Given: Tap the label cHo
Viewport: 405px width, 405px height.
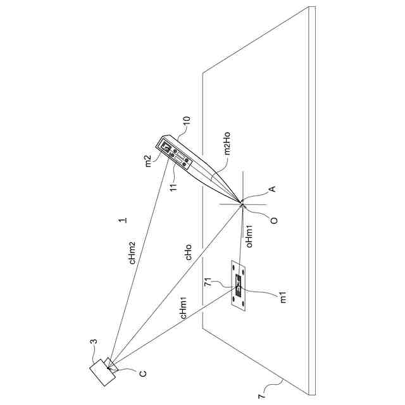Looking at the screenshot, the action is (188, 252).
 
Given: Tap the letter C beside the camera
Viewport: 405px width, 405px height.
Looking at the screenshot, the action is (143, 373).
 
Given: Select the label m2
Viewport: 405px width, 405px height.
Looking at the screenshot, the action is (148, 161).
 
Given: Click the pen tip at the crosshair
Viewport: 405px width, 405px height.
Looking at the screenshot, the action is (241, 202).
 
